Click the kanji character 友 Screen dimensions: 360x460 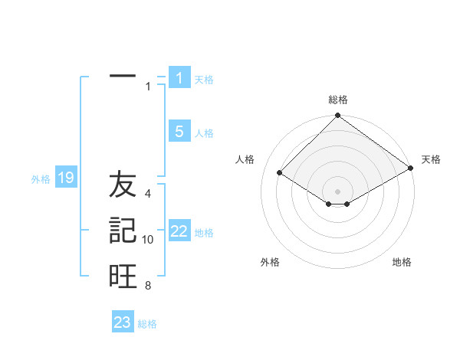(x=123, y=185)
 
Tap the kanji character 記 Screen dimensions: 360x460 (x=123, y=231)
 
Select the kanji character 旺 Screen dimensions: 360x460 (x=123, y=276)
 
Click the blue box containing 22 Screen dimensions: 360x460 (x=179, y=231)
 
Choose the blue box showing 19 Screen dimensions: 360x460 (x=65, y=178)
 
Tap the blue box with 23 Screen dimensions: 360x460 (x=123, y=322)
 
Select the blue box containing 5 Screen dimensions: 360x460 (x=179, y=132)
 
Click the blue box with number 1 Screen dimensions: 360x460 (x=179, y=77)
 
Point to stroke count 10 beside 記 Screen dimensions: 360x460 (x=148, y=240)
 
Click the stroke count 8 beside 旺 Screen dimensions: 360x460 (x=148, y=286)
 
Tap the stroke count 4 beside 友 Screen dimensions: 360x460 (x=148, y=195)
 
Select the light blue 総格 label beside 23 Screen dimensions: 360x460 (x=147, y=324)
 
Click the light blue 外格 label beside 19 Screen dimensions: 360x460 (x=41, y=179)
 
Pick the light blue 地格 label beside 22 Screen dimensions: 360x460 (x=204, y=233)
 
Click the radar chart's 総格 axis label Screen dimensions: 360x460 (x=338, y=100)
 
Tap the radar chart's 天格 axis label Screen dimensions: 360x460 (x=431, y=159)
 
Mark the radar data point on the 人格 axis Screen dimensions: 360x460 (x=280, y=172)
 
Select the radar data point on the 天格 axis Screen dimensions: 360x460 (x=411, y=168)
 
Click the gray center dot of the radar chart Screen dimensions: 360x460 (x=338, y=191)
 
